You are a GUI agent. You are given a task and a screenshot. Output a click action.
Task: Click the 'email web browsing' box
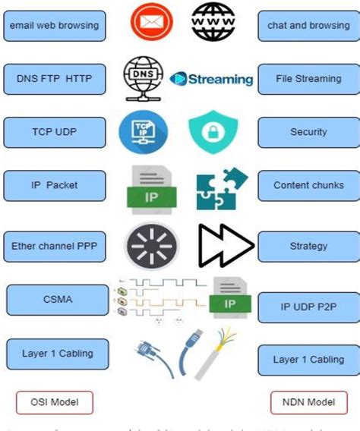click(54, 26)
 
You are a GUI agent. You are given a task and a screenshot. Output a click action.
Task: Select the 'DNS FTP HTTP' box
click(54, 78)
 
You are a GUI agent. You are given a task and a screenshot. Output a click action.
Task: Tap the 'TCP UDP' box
click(54, 131)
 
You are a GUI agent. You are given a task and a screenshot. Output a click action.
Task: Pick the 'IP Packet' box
click(54, 185)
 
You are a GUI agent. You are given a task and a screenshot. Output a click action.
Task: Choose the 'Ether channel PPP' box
click(54, 246)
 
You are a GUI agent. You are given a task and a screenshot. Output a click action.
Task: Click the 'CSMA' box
click(57, 299)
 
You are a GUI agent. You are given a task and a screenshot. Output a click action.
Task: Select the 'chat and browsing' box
click(308, 26)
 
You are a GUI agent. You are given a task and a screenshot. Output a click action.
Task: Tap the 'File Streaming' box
click(308, 78)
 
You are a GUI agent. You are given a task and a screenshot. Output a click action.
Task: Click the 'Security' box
click(308, 132)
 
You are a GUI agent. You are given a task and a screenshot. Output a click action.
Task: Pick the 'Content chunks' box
click(308, 185)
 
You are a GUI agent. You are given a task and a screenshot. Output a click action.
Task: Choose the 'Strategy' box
click(308, 246)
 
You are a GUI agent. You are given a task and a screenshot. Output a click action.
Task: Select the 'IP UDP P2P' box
click(308, 307)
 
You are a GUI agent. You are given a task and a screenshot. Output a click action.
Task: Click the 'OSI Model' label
click(54, 402)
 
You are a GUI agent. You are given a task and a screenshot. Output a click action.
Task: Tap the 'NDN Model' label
click(308, 402)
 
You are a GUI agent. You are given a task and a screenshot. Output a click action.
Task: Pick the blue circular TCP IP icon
click(141, 131)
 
